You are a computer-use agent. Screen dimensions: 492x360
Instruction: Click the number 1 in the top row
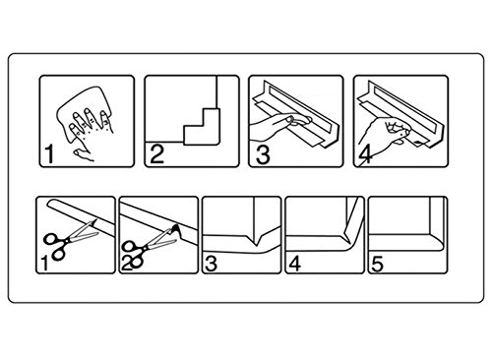pyautogui.click(x=49, y=154)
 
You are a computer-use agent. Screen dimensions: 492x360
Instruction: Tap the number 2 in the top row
pyautogui.click(x=156, y=154)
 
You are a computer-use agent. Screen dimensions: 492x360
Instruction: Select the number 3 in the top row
pyautogui.click(x=263, y=154)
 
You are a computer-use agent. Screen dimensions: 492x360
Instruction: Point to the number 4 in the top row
pyautogui.click(x=365, y=154)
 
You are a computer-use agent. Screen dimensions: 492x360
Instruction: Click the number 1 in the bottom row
pyautogui.click(x=44, y=264)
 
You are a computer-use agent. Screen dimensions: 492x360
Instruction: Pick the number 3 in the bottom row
pyautogui.click(x=211, y=264)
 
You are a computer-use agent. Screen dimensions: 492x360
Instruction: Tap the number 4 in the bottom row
pyautogui.click(x=295, y=264)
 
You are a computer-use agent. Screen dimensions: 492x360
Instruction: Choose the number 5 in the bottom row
pyautogui.click(x=377, y=264)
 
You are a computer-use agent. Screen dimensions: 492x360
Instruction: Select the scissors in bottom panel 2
pyautogui.click(x=148, y=248)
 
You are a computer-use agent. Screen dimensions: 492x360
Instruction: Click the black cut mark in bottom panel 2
pyautogui.click(x=177, y=229)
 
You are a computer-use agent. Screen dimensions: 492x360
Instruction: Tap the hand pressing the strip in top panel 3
pyautogui.click(x=278, y=126)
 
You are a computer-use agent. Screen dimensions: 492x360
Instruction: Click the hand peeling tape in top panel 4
pyautogui.click(x=384, y=135)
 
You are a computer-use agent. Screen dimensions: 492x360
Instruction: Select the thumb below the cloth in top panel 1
pyautogui.click(x=84, y=154)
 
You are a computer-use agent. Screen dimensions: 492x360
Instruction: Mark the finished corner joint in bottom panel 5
pyautogui.click(x=433, y=237)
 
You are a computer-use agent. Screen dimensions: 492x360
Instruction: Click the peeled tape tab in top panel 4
pyautogui.click(x=417, y=142)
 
